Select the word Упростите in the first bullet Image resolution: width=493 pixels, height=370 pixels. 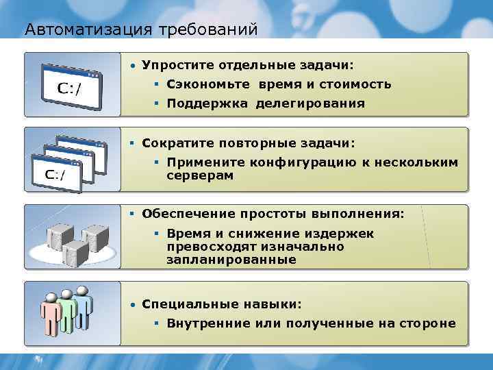point(173,66)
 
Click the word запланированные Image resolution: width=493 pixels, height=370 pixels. point(231,260)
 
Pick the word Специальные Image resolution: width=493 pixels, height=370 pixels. point(181,304)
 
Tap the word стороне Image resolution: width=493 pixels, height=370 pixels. point(429,323)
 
